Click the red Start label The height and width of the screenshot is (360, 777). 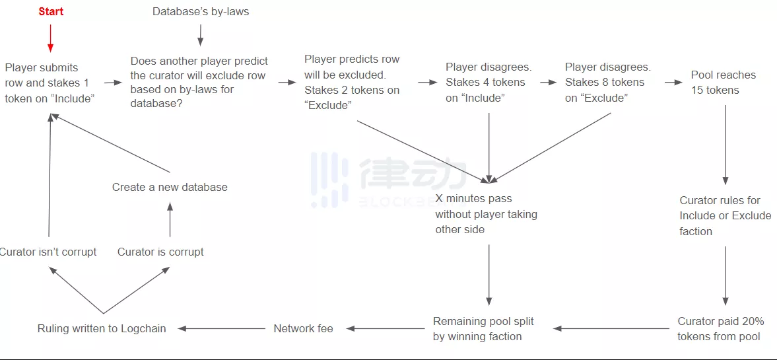coord(51,11)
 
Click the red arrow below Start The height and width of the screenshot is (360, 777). coord(51,40)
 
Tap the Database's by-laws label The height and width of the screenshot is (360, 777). coord(201,11)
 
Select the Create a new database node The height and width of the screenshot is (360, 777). coord(170,187)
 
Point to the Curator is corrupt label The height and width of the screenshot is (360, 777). coord(160,252)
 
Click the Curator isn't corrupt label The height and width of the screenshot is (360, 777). coord(48,252)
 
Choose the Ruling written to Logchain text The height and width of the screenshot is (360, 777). coord(102,328)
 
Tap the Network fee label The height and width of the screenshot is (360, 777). coord(303,328)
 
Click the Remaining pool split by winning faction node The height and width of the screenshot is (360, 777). coord(483,329)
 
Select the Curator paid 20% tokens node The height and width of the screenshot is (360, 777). coord(720,329)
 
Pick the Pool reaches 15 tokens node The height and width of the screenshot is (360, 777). coord(723,83)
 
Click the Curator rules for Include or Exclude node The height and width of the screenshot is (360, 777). coord(725,215)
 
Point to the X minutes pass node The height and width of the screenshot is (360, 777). coord(486,213)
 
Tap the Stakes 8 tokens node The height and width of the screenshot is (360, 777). coord(607,83)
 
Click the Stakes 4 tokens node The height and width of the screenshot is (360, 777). coord(488,83)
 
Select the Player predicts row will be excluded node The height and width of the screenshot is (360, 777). coord(351,83)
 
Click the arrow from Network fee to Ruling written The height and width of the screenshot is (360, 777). coord(221,328)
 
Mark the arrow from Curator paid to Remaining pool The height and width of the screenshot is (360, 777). coord(611,328)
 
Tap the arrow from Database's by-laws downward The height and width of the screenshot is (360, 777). coord(201,34)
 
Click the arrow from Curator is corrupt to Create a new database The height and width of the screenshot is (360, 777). coord(170,219)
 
